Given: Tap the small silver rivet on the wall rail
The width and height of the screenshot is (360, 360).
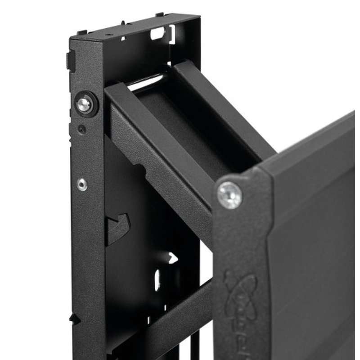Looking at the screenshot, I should coord(82,184).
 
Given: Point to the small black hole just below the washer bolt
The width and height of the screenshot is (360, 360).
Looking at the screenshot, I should coord(81,130).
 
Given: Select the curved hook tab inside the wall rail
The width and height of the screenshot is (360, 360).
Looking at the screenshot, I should coord(118,227).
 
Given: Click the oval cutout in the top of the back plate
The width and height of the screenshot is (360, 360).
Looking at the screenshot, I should coord(157,32).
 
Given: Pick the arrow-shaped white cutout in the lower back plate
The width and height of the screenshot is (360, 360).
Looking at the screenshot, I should coord(172,258).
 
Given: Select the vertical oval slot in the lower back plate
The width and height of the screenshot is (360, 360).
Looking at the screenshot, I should coord(157,280).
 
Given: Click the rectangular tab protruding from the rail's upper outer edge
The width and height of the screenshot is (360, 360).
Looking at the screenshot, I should coord(69,61).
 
